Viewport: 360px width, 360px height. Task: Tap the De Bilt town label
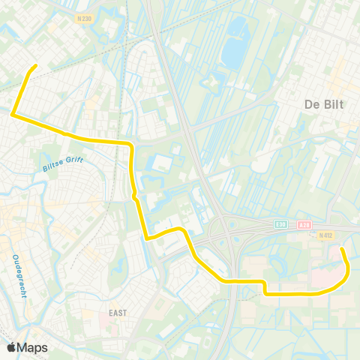tap(322, 104)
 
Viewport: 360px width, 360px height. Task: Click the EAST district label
tap(117, 312)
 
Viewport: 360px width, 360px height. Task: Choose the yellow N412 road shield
tap(324, 235)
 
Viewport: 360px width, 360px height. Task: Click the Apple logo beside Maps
tap(10, 347)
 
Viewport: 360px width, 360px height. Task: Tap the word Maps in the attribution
tap(33, 347)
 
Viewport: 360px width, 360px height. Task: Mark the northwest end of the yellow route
tap(35, 67)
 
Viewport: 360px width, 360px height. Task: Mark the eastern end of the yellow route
tap(341, 248)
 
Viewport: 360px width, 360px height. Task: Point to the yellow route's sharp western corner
tap(13, 114)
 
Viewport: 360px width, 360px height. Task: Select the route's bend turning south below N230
tap(131, 145)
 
